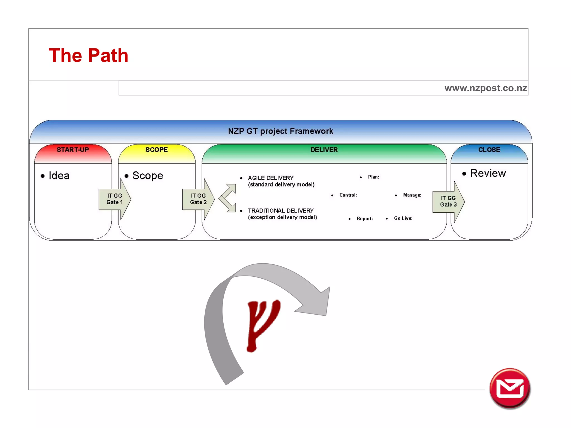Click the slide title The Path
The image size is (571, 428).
click(88, 55)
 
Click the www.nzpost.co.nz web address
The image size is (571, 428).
click(485, 88)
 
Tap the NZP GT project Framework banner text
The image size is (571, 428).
click(280, 131)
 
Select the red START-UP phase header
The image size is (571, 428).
click(73, 150)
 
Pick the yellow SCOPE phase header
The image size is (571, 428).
click(156, 150)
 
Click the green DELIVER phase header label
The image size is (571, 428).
click(324, 150)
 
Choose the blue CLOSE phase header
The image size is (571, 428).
click(489, 150)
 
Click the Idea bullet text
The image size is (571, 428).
click(59, 176)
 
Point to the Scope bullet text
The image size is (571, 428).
click(147, 176)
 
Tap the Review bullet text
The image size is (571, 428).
click(488, 173)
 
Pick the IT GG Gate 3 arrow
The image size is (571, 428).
click(448, 201)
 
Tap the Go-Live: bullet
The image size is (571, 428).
click(403, 218)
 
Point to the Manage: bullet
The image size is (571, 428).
click(412, 195)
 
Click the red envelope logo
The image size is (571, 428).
click(510, 388)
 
